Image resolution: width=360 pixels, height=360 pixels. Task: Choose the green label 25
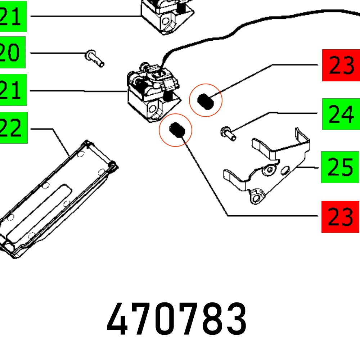point(340,167)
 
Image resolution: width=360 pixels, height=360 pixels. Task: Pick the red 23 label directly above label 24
point(341,66)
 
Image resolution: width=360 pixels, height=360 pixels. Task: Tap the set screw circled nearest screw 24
point(206,100)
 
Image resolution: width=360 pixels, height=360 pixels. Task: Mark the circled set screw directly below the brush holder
point(176,130)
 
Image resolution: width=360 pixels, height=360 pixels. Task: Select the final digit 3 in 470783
point(235,319)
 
